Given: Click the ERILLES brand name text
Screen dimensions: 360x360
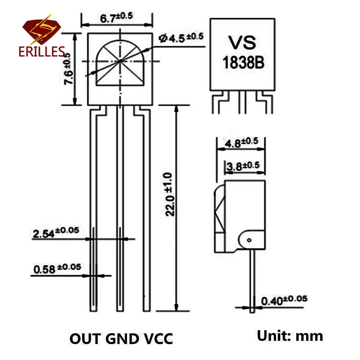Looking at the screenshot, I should (41, 51).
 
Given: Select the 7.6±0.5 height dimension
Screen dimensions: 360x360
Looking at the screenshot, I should (68, 69).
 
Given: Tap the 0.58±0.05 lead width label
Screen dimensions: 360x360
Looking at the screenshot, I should (57, 268).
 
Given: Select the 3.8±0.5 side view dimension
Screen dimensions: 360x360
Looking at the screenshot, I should (244, 166).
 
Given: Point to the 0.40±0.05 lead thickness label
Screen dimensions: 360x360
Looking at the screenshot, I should (284, 300).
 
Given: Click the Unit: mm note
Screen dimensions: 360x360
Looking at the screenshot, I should (290, 336).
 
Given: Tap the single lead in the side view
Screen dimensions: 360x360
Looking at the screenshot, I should (252, 281).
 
